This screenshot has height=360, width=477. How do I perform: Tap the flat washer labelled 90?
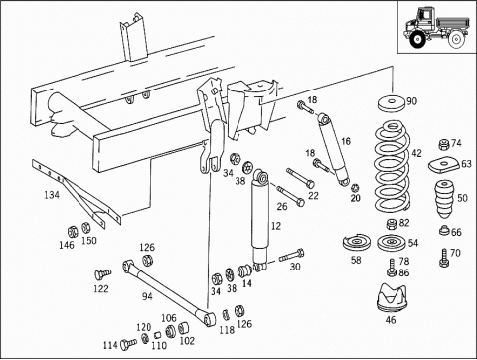392,104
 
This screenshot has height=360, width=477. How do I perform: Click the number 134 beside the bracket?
52,195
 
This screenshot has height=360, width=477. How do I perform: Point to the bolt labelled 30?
291,256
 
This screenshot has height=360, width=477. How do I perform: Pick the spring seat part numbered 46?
393,297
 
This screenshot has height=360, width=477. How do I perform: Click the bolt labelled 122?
102,273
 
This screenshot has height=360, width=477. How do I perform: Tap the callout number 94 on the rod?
147,296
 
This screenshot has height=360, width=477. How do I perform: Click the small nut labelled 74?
444,144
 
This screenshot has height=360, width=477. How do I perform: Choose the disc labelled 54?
393,243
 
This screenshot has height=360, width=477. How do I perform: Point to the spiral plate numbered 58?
357,243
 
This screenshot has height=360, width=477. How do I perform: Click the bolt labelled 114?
128,344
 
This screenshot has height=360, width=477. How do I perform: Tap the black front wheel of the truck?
417,40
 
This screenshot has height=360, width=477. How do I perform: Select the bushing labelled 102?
184,328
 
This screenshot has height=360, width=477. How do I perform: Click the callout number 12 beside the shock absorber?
276,226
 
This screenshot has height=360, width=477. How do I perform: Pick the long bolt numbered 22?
301,178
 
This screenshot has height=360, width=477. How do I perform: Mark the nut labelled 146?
73,231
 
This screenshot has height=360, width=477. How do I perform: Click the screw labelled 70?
444,259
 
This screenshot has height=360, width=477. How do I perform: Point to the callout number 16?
346,141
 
